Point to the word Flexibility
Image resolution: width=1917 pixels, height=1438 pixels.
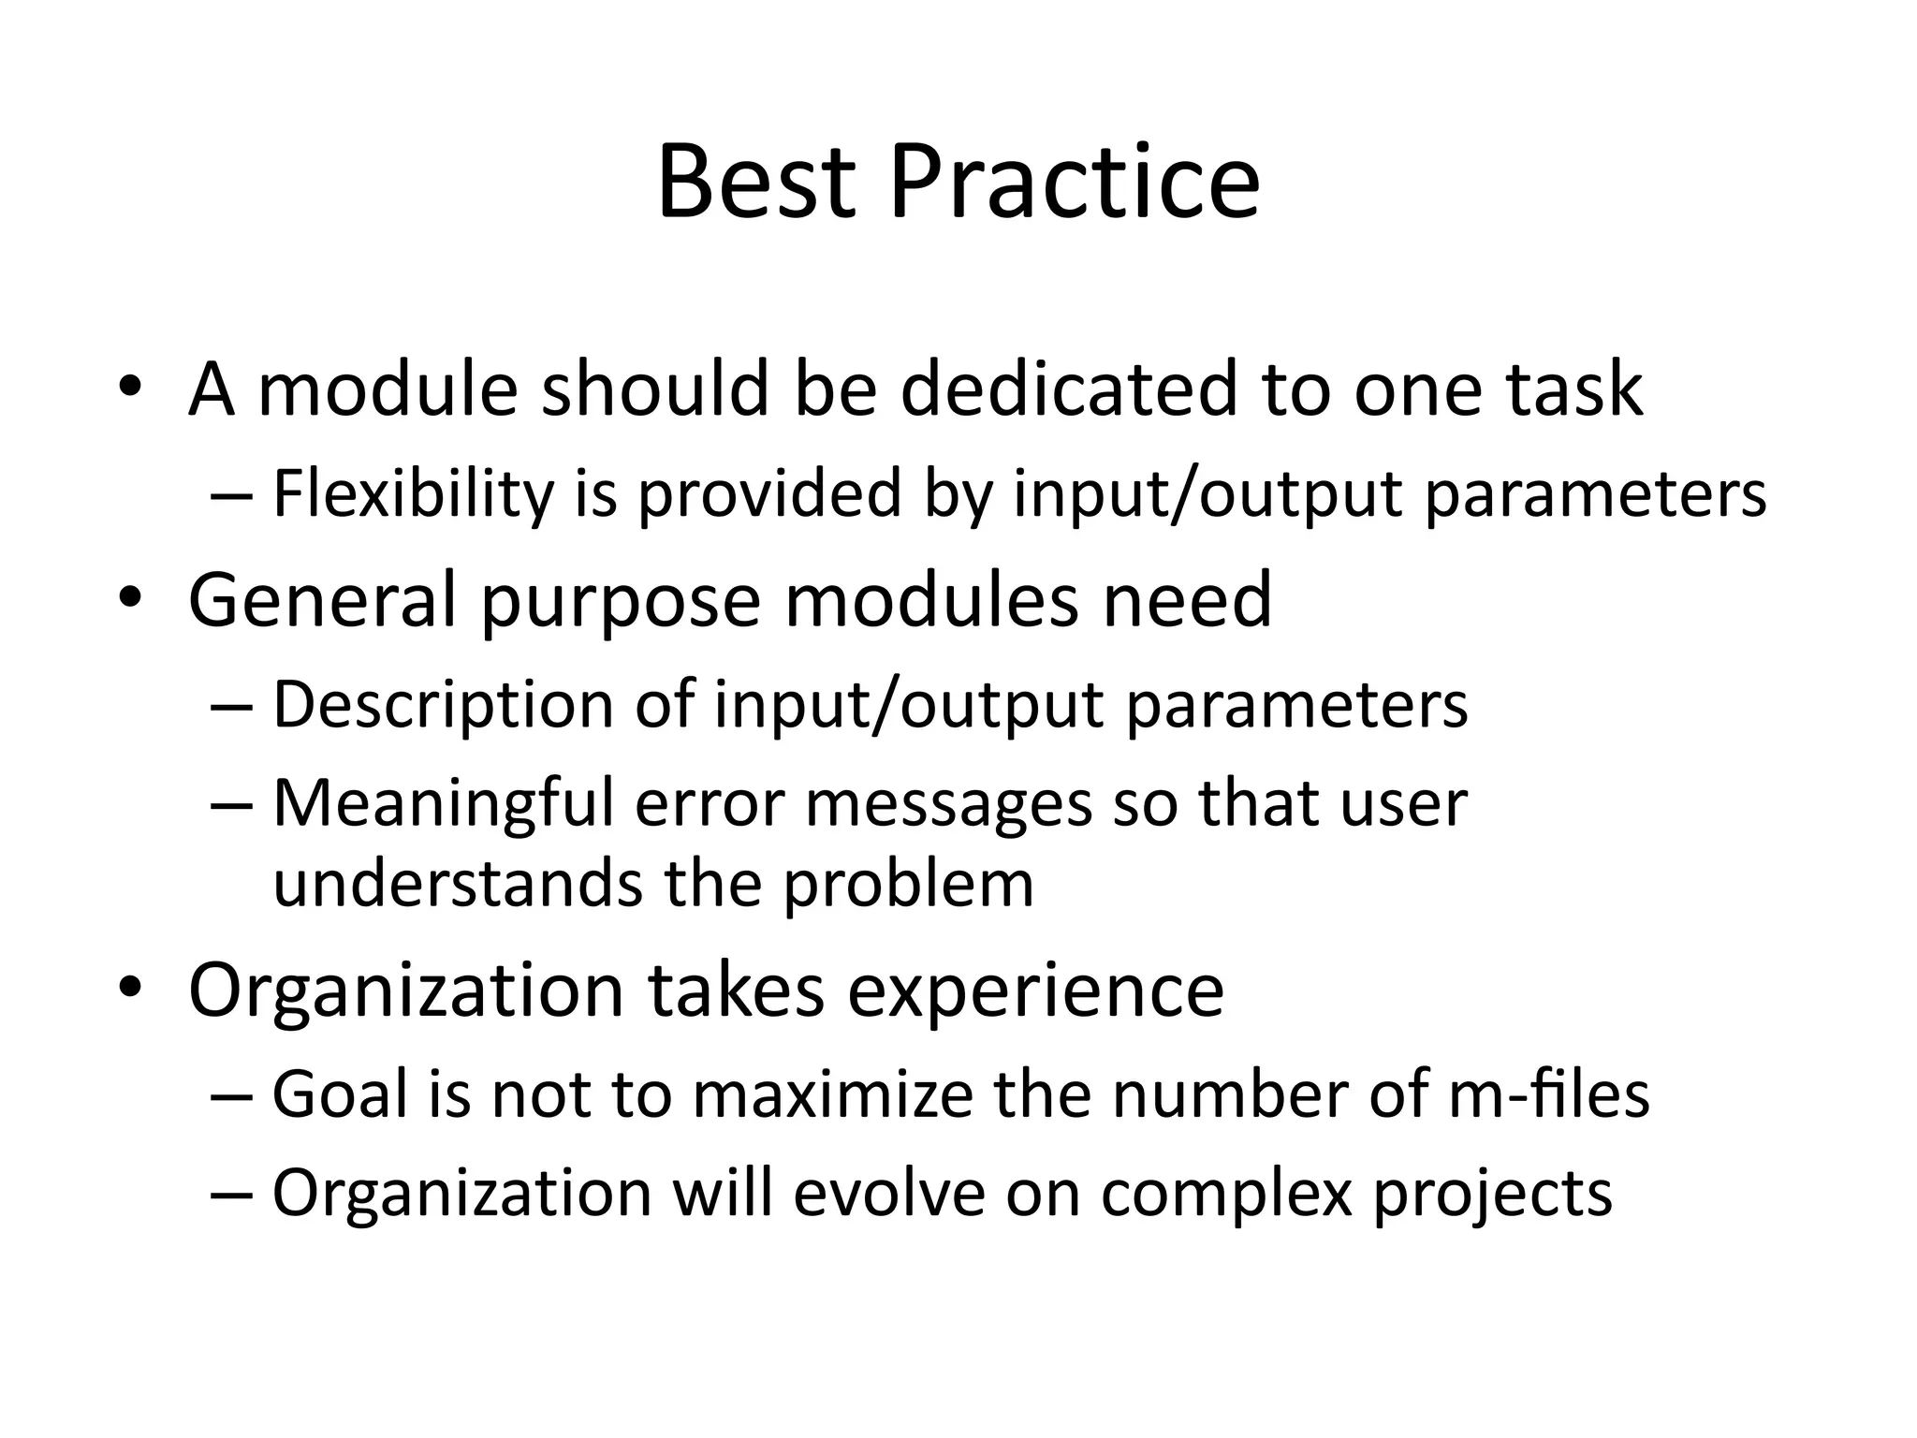pyautogui.click(x=413, y=494)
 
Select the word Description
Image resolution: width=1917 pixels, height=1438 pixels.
pyautogui.click(x=442, y=706)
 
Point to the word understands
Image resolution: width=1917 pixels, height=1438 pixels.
pyautogui.click(x=457, y=884)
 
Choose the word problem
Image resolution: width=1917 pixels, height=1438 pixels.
pyautogui.click(x=908, y=886)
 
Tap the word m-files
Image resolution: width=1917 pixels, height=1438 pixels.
pyautogui.click(x=1548, y=1094)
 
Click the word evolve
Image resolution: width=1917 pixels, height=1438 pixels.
pyautogui.click(x=889, y=1194)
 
